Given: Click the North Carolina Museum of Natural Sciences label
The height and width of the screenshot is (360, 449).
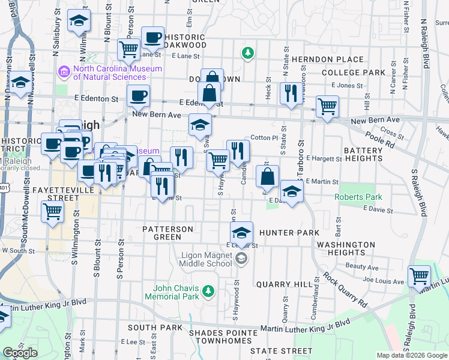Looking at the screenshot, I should pos(117,73).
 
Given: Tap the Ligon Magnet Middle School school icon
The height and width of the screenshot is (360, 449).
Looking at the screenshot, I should pos(241,259).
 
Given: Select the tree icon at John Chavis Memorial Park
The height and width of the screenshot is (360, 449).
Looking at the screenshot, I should pos(208,291).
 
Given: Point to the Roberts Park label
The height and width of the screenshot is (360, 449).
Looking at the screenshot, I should pos(358,196).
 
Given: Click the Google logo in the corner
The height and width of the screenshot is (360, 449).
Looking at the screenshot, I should pos(20,353).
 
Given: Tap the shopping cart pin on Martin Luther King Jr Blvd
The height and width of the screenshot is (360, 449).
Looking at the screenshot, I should pos(419,276).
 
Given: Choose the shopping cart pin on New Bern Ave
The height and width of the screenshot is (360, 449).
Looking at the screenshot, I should pos(327,107).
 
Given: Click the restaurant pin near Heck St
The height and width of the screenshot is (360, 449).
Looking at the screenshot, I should pos(289,93).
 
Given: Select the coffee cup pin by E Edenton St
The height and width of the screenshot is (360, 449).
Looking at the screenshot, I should pos(138,95).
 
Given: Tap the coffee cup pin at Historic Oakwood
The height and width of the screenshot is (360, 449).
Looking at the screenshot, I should pos(152,37).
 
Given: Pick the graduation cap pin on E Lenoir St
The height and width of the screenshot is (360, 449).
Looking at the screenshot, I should pos(242,232).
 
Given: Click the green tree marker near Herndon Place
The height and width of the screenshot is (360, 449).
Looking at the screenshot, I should pos(247,53).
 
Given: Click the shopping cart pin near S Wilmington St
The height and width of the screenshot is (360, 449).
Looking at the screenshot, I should pos(52,211).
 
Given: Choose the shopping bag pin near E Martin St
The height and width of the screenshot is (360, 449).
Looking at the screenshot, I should pos(268,176).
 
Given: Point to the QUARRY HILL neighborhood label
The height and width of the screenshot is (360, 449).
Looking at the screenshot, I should pos(284,284).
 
